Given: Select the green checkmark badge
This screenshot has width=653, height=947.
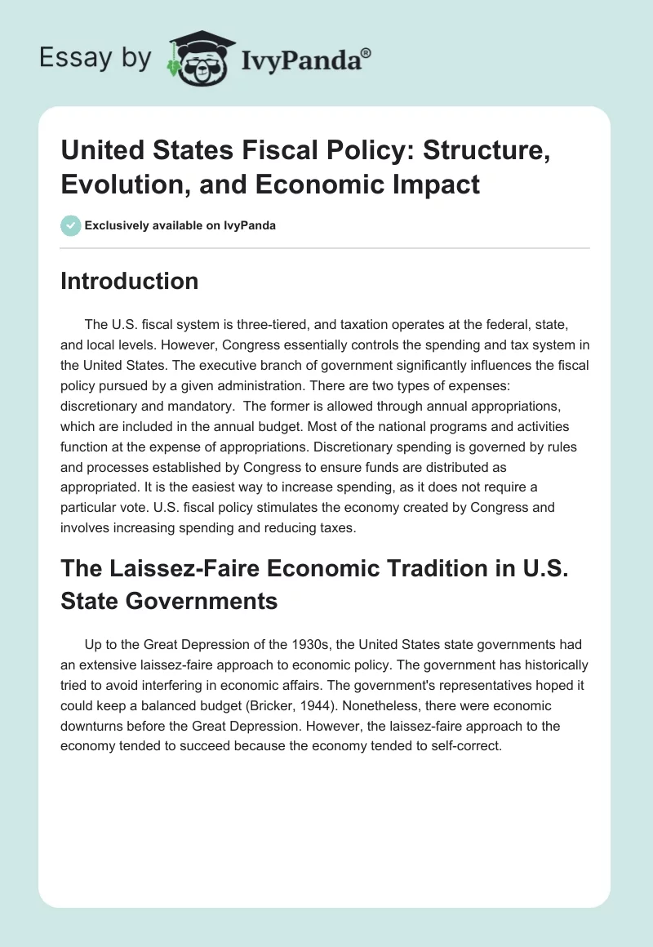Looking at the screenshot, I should click(x=71, y=225).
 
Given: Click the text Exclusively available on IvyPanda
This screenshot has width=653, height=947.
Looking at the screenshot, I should click(x=180, y=225).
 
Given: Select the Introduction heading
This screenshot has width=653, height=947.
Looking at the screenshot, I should click(x=130, y=281).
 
